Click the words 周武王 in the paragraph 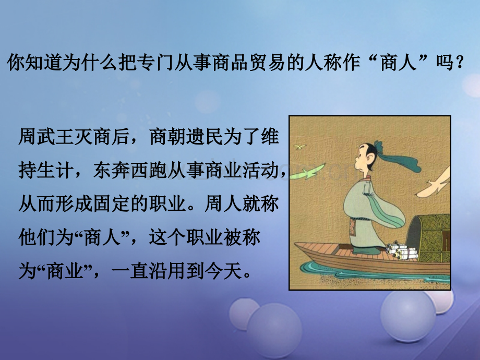[x=46, y=137]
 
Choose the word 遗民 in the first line [x=205, y=137]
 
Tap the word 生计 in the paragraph [x=55, y=170]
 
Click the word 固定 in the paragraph [x=112, y=204]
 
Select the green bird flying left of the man [x=307, y=172]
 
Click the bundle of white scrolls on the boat [x=401, y=251]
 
